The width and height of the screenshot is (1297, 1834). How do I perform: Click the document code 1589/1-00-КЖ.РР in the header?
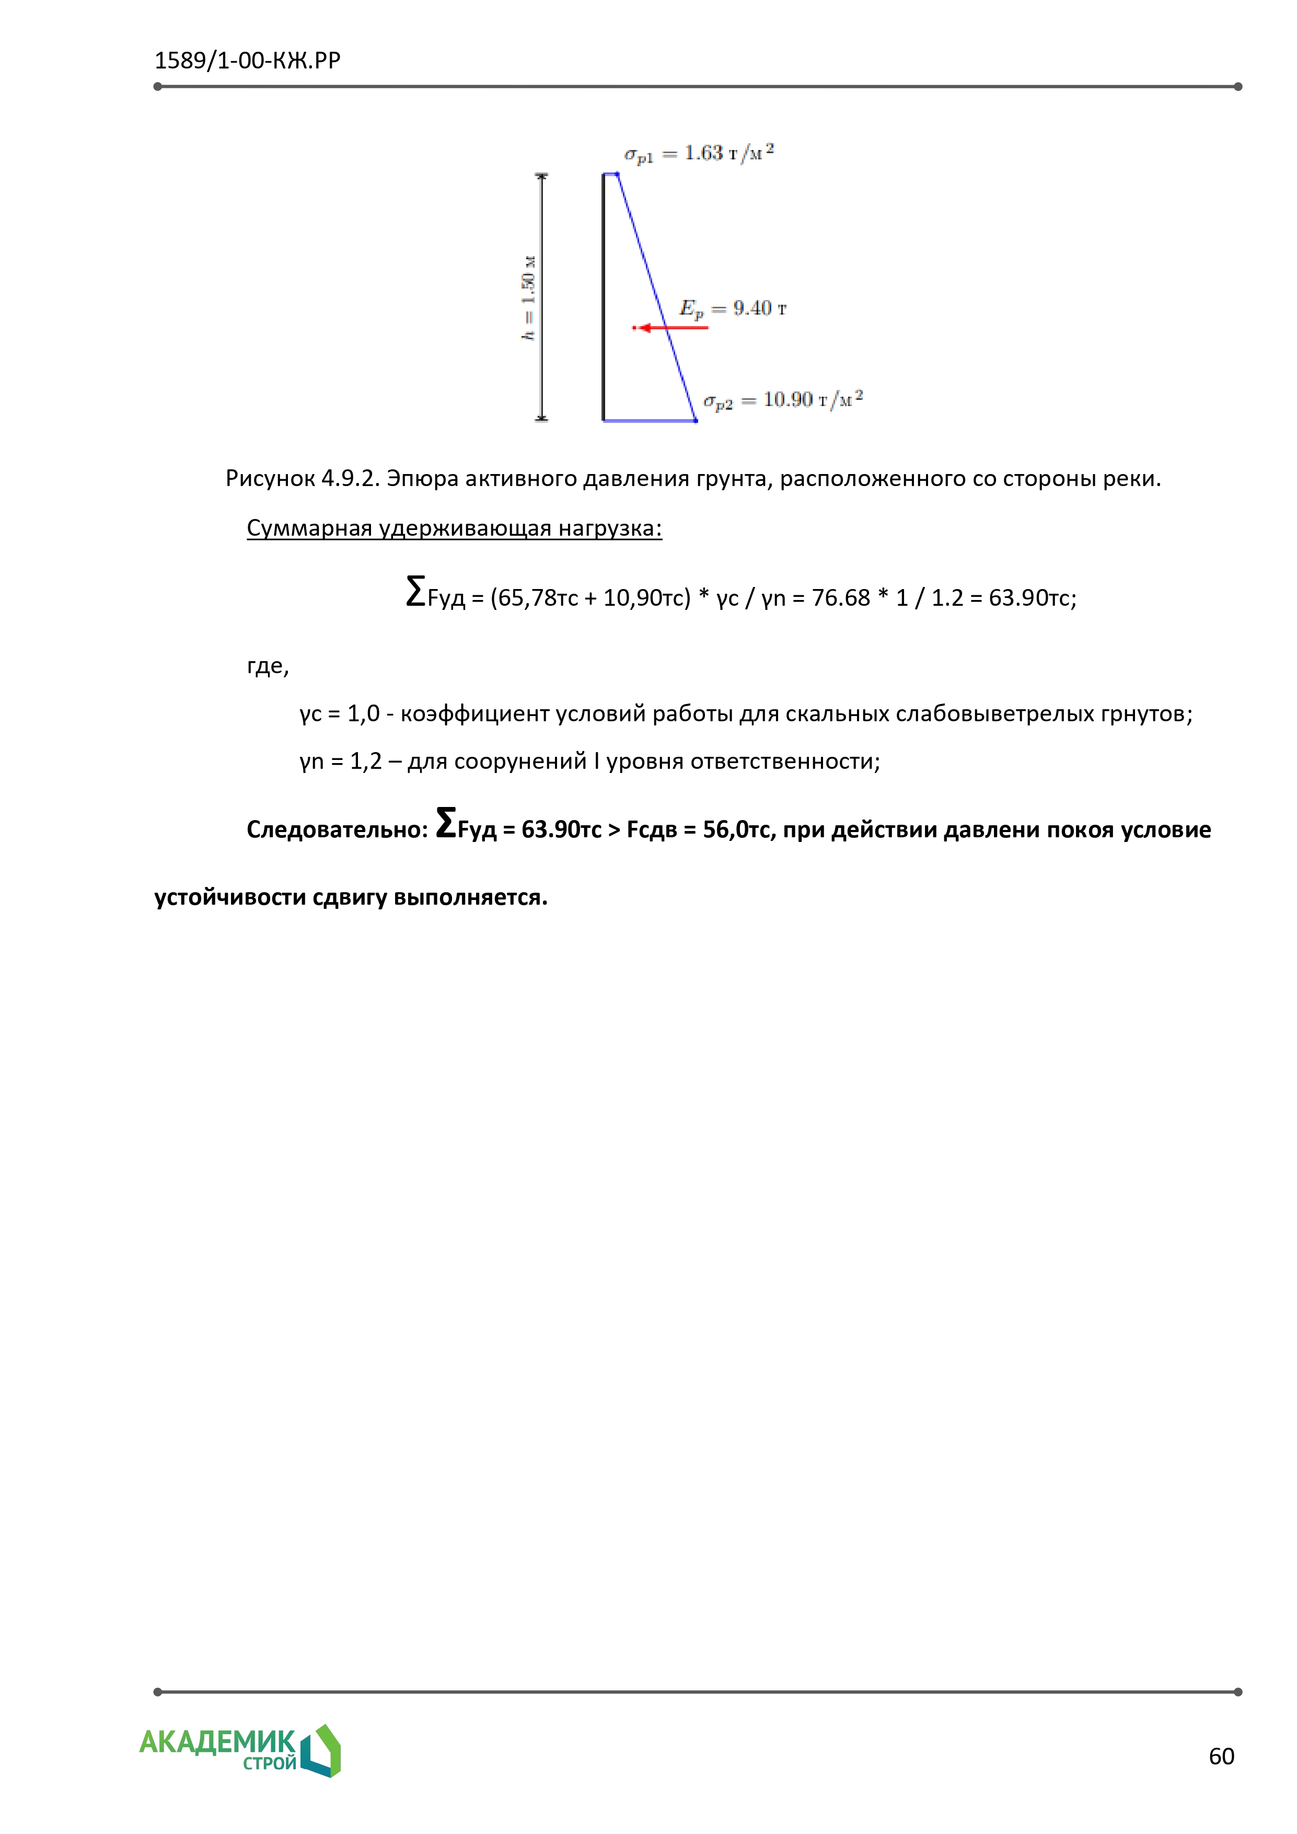[248, 61]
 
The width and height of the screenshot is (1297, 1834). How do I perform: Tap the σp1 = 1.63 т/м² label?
[699, 153]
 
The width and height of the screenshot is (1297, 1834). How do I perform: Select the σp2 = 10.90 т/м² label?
[783, 400]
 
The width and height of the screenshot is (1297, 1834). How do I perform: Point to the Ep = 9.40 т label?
[732, 309]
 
